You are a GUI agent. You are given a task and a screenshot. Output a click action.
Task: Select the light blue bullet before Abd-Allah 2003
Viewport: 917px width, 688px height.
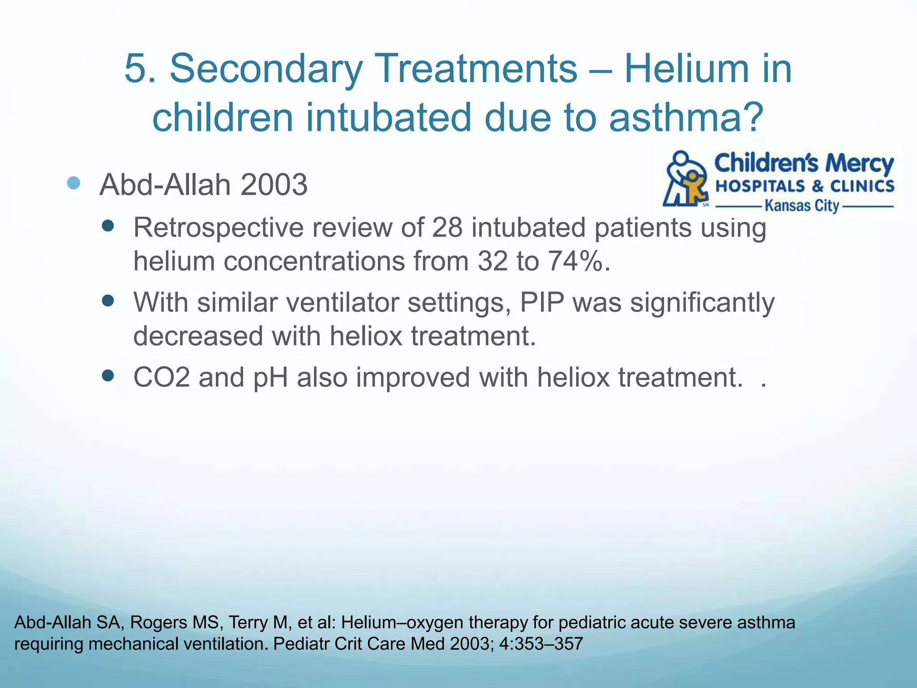point(73,183)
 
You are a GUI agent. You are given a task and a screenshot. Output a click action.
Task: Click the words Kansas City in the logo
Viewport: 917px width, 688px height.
point(801,206)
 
